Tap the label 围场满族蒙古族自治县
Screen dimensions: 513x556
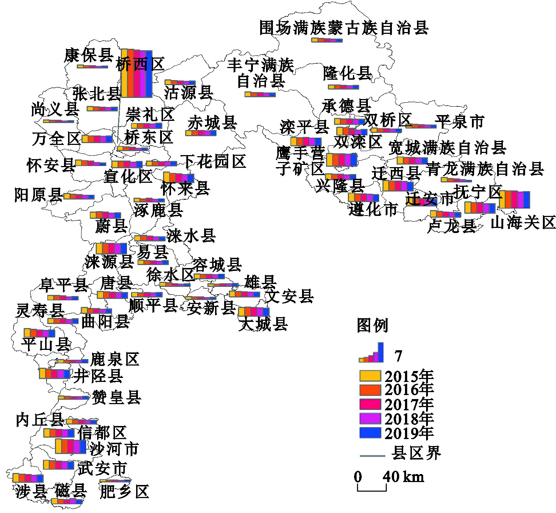[x=343, y=28]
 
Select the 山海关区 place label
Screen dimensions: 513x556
[x=523, y=222]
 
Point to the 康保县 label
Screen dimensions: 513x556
[x=89, y=56]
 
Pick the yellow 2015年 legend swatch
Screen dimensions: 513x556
[x=370, y=376]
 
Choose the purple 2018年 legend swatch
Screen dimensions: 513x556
[x=370, y=418]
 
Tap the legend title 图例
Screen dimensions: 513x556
[x=372, y=325]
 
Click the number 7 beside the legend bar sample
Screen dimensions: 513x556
[x=398, y=356]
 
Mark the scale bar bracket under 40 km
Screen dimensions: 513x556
[x=372, y=488]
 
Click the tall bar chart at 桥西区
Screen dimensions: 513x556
[x=136, y=74]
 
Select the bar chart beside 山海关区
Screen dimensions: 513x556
[x=514, y=199]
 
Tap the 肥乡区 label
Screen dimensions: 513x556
[x=124, y=492]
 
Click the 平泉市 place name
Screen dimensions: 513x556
[x=460, y=122]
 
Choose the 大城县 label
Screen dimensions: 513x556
[x=263, y=324]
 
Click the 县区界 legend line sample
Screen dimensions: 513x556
[x=372, y=455]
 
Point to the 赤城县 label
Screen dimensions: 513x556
[x=212, y=123]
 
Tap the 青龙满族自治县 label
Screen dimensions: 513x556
[x=485, y=169]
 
